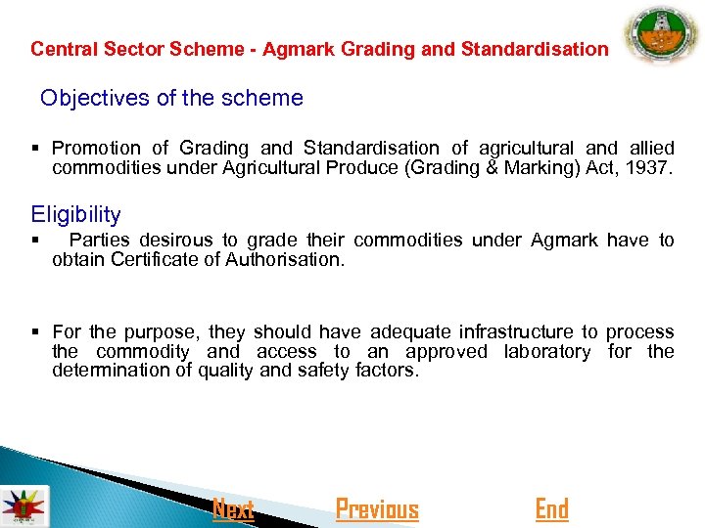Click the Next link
[x=233, y=509]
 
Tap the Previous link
[x=377, y=509]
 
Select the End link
[x=551, y=509]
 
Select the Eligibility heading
[x=76, y=214]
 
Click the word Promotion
[x=96, y=149]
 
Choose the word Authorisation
[x=285, y=259]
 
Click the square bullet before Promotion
[x=35, y=149]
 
